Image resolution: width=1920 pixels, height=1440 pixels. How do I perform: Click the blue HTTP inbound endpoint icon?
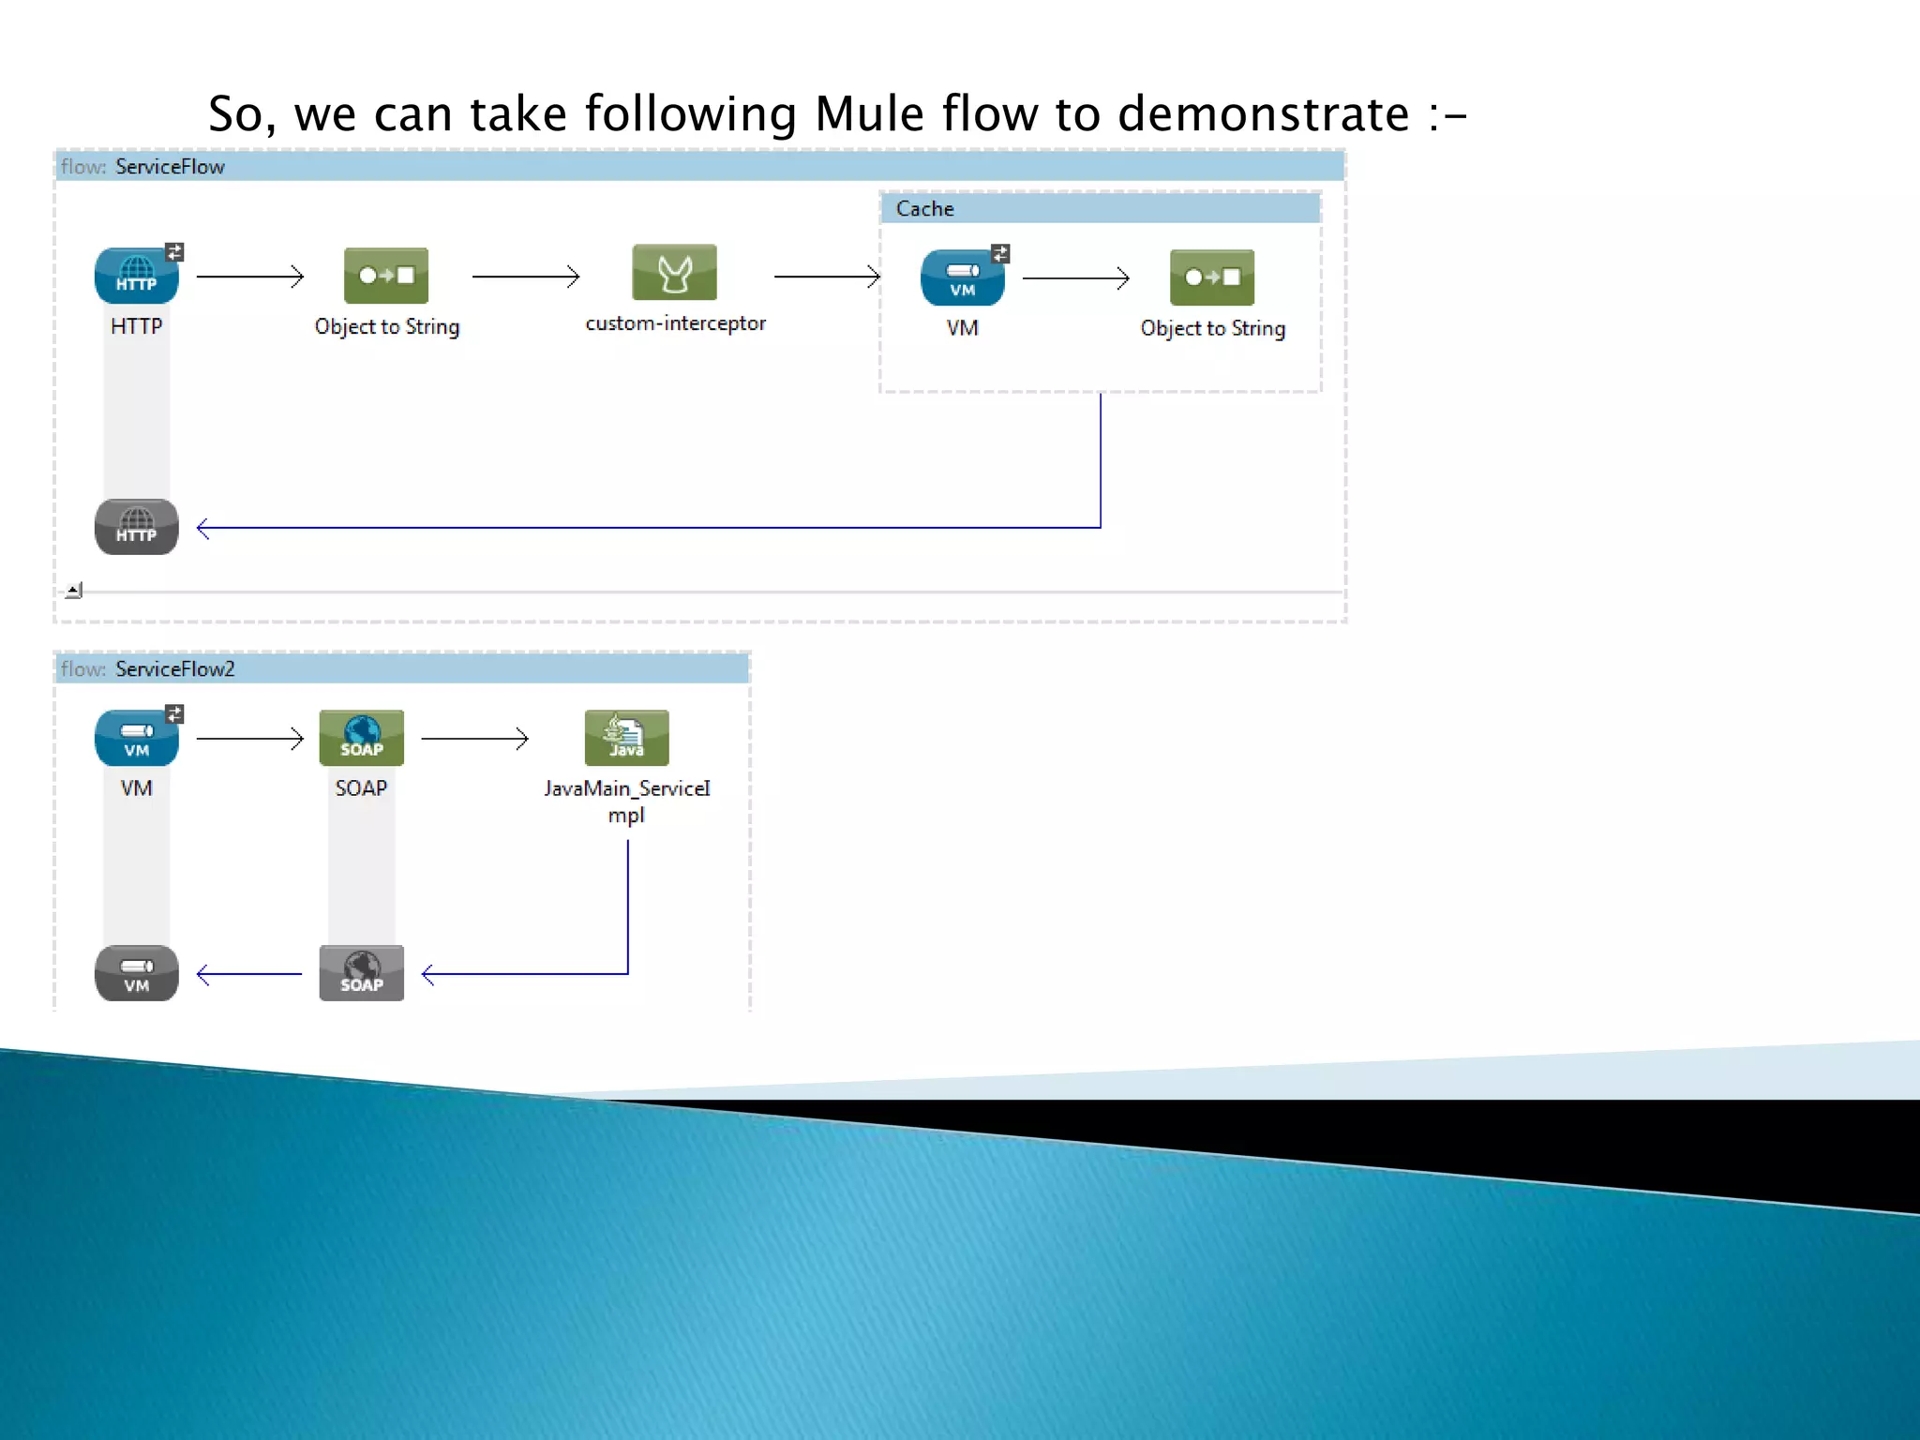point(137,276)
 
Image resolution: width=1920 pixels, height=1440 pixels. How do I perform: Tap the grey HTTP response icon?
point(137,527)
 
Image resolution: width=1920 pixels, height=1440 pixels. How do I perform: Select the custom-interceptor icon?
point(674,273)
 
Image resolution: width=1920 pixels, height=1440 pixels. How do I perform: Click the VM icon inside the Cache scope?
point(963,278)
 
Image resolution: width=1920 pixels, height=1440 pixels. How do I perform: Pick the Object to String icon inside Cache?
point(1211,277)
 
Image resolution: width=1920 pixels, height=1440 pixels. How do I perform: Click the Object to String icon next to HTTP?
point(386,276)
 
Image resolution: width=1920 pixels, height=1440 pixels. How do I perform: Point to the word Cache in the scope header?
point(924,209)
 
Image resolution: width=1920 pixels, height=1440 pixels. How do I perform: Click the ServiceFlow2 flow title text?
point(174,668)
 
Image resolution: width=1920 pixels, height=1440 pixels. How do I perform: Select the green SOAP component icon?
point(361,738)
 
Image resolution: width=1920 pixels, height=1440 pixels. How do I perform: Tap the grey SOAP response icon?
point(361,973)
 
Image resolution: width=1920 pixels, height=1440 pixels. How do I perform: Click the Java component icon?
point(626,738)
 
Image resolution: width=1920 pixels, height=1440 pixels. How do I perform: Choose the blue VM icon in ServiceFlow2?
point(137,738)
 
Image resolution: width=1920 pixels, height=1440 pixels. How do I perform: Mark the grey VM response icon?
point(137,973)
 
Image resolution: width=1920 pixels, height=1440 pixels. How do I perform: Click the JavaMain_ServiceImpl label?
point(626,801)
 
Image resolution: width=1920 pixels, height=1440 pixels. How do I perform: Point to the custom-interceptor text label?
point(675,323)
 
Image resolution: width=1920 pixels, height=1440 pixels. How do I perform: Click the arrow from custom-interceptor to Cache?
point(826,277)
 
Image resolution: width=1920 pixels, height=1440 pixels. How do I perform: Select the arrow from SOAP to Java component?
point(474,739)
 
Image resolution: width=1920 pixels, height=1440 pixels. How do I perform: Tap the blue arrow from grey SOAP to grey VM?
point(249,975)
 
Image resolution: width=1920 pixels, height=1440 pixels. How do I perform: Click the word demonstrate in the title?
point(1263,114)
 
